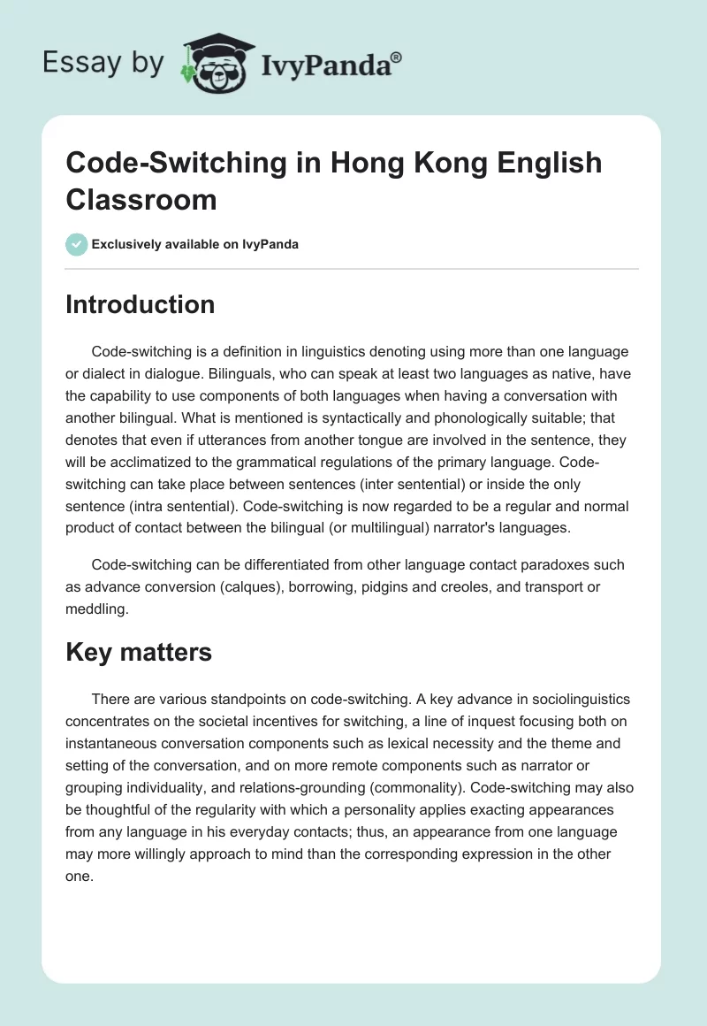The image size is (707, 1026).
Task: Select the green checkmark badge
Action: [x=77, y=244]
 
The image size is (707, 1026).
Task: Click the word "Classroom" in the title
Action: [x=141, y=199]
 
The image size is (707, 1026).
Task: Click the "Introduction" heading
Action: [x=141, y=304]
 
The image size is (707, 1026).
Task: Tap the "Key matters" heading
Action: [x=139, y=652]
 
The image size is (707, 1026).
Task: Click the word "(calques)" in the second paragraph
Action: [x=290, y=587]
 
